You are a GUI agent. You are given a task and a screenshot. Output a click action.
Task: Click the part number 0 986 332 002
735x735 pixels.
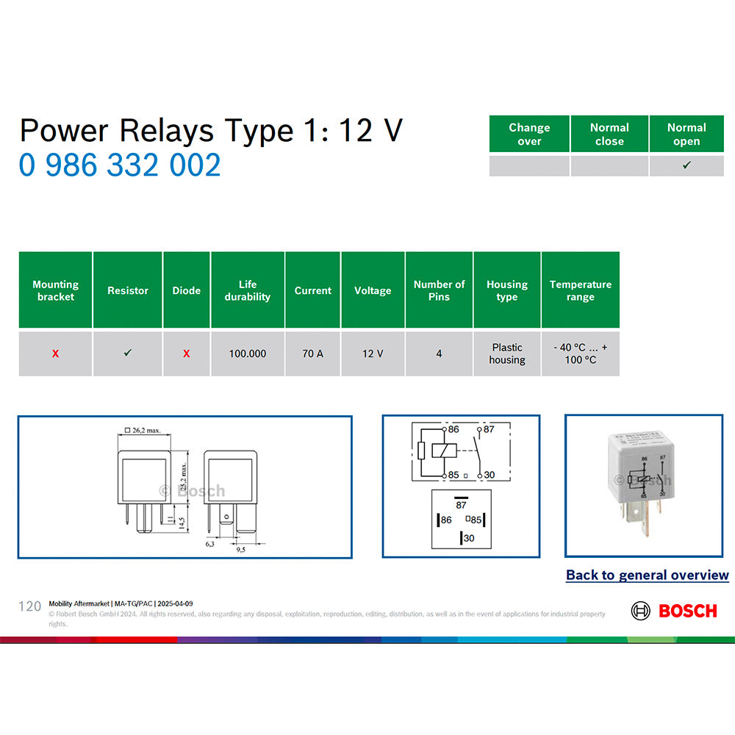[x=120, y=165]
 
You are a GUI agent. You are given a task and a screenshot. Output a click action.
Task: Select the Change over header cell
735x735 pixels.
[x=529, y=135]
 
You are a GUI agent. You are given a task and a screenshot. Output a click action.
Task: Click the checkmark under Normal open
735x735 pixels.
[x=686, y=165]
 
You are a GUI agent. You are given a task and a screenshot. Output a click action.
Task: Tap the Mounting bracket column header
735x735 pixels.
[x=55, y=290]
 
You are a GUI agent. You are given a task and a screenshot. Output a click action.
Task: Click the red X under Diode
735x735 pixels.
[x=186, y=354]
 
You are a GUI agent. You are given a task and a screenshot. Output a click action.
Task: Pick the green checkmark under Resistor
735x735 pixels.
[x=128, y=354]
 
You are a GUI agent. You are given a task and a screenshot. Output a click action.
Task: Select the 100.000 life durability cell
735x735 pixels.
[x=248, y=354]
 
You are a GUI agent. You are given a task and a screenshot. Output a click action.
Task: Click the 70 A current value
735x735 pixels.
[x=312, y=354]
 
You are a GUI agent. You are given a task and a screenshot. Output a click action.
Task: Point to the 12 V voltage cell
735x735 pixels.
[x=373, y=354]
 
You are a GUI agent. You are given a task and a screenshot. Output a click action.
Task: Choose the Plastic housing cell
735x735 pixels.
[x=507, y=354]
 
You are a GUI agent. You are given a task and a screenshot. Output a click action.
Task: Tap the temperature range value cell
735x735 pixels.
[x=581, y=354]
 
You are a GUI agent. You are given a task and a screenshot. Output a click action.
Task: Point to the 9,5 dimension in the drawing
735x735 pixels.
[x=241, y=549]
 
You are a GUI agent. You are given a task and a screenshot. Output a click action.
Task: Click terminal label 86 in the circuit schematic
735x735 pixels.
[x=453, y=429]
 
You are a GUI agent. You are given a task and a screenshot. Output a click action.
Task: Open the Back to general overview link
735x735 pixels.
[x=647, y=576]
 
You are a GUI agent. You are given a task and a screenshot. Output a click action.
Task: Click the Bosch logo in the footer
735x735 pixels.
[x=673, y=611]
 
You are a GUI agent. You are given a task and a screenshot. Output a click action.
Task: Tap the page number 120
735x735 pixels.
[x=29, y=606]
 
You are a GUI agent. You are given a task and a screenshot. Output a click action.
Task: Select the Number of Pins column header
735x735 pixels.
[x=439, y=290]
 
